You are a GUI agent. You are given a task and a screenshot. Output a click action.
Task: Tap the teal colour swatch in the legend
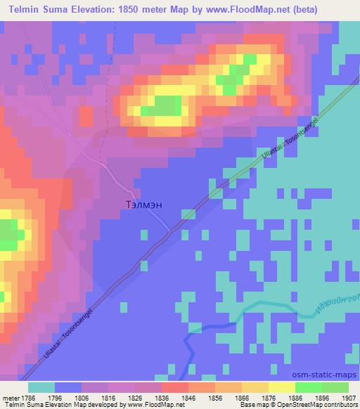tap(41, 387)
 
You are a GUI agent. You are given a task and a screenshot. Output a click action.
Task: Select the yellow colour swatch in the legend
tap(281, 387)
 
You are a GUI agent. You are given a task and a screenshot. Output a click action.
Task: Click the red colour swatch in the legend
tap(175, 387)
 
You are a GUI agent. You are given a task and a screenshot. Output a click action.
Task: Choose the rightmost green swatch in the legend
tap(335, 387)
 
